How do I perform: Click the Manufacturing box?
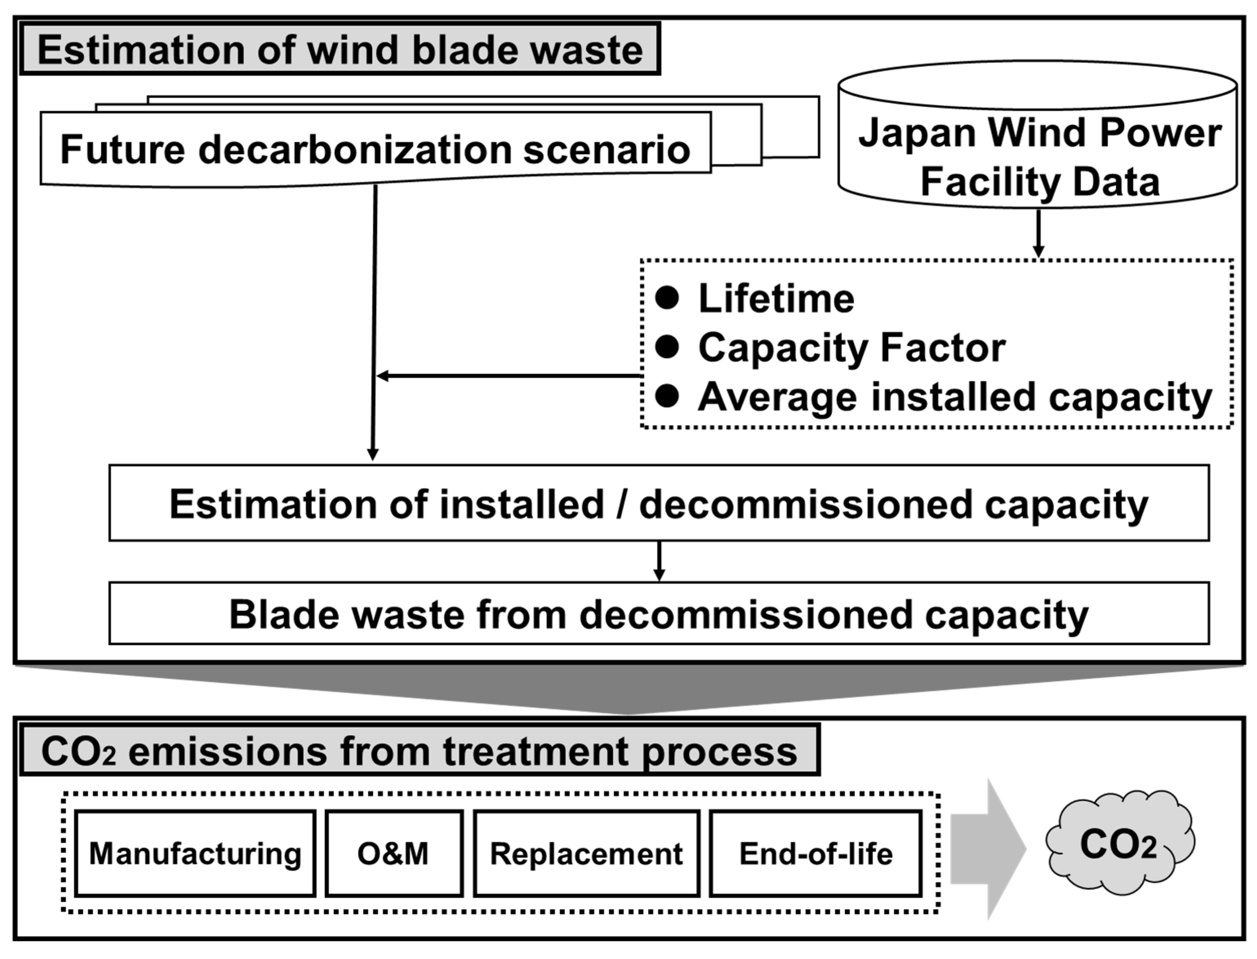tap(195, 853)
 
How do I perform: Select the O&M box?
tap(394, 853)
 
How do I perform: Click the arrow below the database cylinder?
tap(1039, 234)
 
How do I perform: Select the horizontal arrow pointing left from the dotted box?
tap(508, 376)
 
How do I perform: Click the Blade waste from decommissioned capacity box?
tap(659, 613)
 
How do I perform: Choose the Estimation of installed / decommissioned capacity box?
tap(659, 504)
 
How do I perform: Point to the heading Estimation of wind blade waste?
tap(340, 50)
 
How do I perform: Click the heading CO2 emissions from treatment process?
tap(419, 751)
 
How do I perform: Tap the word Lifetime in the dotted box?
tap(776, 298)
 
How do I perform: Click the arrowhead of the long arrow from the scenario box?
tap(373, 454)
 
